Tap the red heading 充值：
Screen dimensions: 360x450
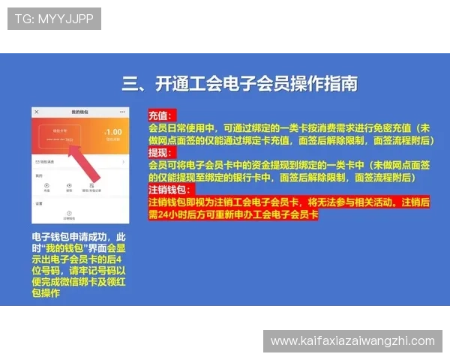coord(160,116)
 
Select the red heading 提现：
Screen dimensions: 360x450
coord(160,153)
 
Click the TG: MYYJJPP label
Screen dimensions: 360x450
coord(54,19)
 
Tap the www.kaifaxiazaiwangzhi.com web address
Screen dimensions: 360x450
coord(352,341)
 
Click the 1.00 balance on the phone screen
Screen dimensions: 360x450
coord(115,133)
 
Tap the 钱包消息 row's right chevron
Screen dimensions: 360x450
coord(124,161)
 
